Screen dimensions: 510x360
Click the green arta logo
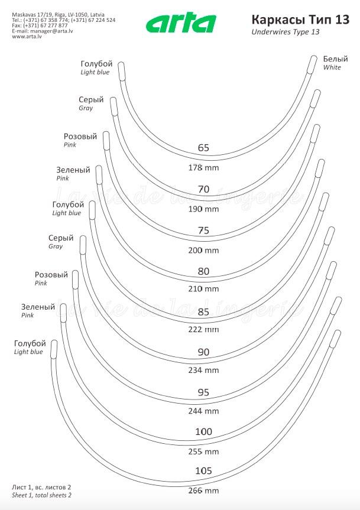point(181,24)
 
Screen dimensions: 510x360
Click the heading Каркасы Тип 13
point(300,20)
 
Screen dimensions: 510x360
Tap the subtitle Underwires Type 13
point(286,32)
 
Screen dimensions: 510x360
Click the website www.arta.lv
point(27,37)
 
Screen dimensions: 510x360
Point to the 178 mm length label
point(204,168)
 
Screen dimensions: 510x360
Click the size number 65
point(203,148)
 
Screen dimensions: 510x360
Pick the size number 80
point(203,272)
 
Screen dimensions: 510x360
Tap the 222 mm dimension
point(204,329)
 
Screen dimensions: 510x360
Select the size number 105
point(203,470)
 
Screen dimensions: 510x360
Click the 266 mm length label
point(204,490)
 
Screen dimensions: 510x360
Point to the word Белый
point(336,59)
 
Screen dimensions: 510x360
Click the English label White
point(332,67)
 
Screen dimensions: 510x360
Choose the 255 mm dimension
point(204,451)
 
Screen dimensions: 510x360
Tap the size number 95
point(203,392)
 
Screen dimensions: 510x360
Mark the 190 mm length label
point(204,209)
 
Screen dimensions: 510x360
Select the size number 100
point(203,432)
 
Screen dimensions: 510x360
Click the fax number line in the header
point(40,25)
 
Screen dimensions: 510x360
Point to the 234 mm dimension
point(204,371)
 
